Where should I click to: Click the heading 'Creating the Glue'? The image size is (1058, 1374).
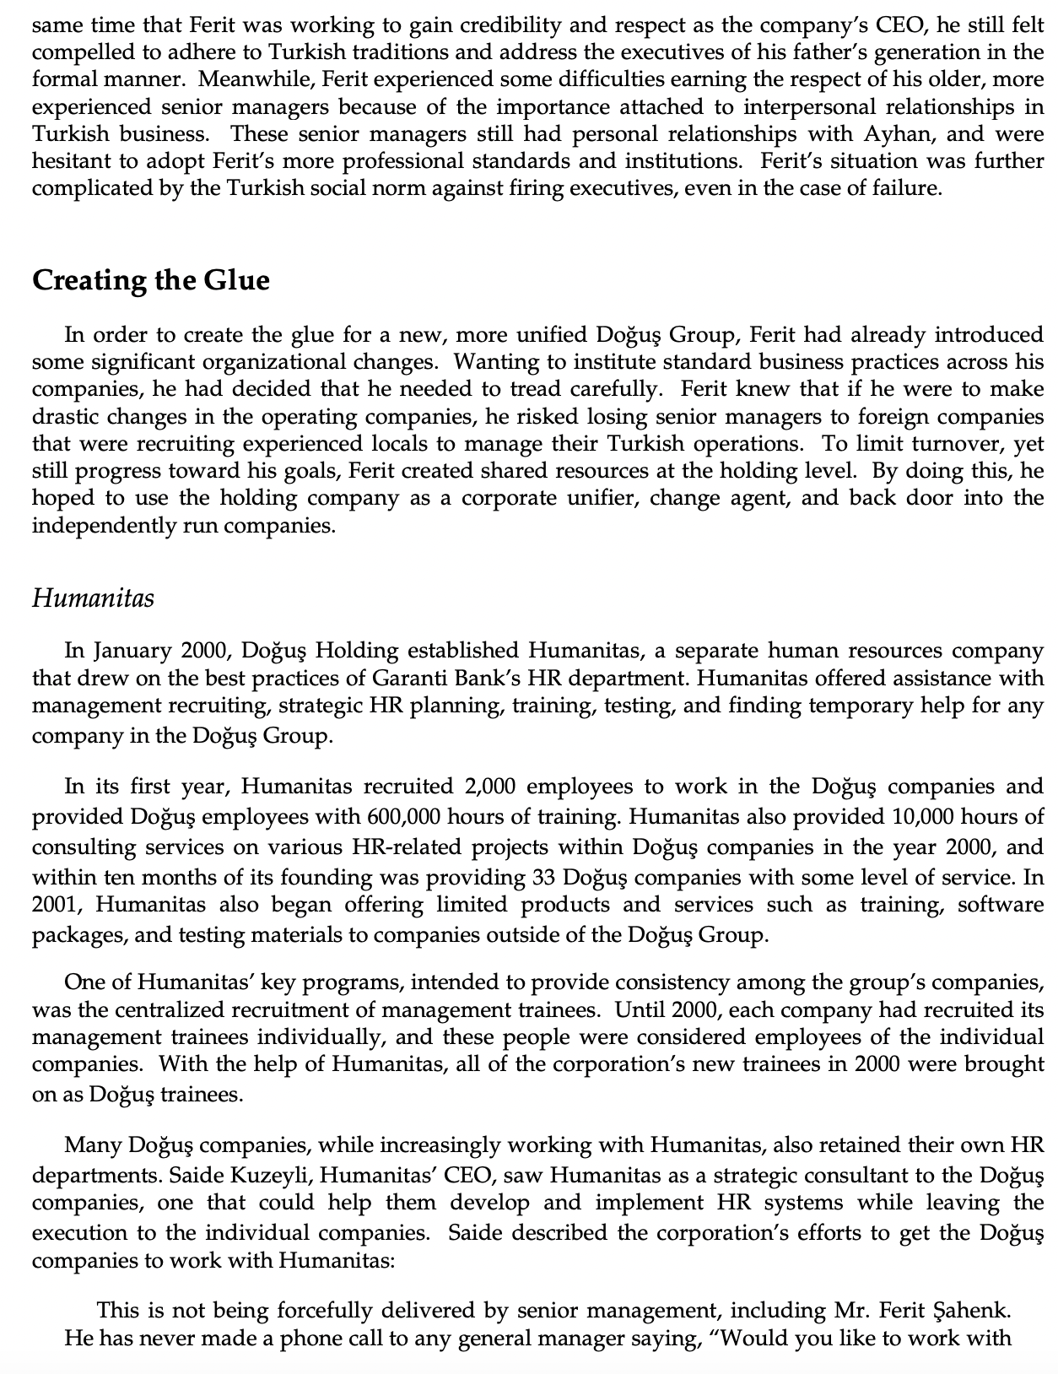point(151,280)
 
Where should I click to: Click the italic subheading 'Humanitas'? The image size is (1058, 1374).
point(93,598)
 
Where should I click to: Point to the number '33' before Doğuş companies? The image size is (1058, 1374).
point(544,877)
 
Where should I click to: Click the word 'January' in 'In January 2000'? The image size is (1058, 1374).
point(132,651)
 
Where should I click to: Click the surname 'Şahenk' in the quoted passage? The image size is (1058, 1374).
point(973,1311)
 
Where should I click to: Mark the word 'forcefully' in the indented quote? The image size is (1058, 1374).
point(327,1311)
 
